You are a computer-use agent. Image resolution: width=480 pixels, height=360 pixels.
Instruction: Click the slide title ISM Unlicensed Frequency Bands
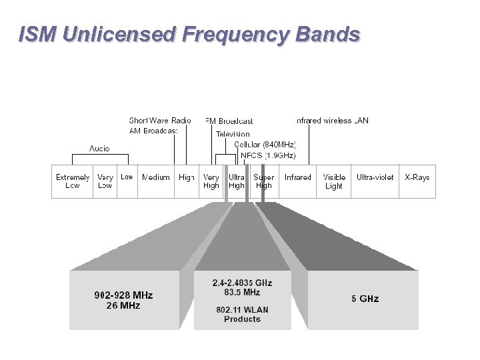coord(189,34)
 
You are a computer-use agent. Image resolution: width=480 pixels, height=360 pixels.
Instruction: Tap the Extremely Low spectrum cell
coord(73,181)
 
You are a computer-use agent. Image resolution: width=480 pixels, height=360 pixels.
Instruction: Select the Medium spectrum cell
coord(155,178)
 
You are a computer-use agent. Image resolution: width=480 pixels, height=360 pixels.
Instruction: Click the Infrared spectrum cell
coord(297,178)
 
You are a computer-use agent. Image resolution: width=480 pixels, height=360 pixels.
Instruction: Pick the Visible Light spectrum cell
coord(334,181)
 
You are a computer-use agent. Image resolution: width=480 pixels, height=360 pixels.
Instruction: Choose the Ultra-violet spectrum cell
coord(375,178)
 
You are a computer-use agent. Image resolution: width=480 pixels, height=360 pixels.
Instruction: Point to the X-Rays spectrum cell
coord(417,178)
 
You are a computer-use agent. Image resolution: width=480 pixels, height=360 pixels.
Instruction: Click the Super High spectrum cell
coord(264,181)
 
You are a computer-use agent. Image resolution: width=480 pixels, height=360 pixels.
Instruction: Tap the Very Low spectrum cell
coord(105,181)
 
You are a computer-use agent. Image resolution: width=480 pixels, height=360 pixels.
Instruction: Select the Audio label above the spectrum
coord(100,148)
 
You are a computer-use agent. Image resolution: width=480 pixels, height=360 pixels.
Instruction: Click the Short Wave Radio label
coord(160,121)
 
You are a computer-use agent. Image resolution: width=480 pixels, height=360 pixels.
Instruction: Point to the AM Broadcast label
coord(153,131)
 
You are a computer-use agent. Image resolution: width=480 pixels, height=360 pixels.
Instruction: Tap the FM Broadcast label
coord(229,121)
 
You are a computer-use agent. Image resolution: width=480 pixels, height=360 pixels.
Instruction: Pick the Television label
coord(233,134)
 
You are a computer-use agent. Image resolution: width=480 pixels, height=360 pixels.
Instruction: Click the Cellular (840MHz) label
coord(265,144)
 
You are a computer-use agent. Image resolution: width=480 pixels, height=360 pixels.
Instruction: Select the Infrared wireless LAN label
coord(332,121)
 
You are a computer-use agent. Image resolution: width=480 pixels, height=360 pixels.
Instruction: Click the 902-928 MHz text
coord(123,295)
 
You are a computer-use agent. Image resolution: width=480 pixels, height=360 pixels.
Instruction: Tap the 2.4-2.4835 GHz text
coord(242,283)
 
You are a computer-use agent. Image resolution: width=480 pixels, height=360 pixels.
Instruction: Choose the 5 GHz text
coord(365,299)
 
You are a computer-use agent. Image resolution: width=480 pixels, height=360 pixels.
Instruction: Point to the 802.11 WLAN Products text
coord(242,314)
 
